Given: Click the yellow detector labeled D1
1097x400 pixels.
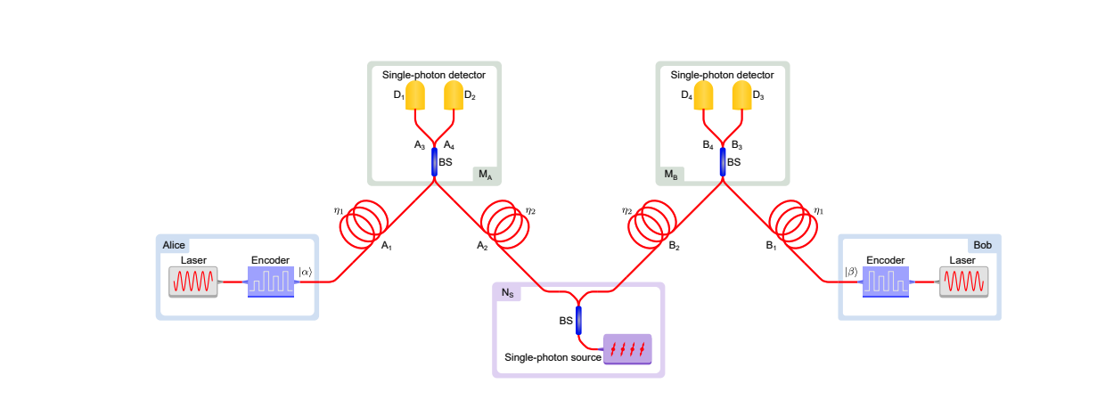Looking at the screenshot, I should coord(416,96).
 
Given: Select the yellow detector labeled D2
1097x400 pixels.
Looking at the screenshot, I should coord(454,96).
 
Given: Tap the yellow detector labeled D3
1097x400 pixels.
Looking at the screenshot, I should coord(742,96).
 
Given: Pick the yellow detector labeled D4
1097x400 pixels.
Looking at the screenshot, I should coord(704,96).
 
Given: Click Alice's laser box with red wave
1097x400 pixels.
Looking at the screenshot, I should coord(193,282).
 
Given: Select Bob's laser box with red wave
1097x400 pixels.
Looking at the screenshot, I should coord(963,282).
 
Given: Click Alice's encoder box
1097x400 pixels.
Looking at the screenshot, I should coord(270,282).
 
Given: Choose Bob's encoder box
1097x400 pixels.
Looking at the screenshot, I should coord(886,282).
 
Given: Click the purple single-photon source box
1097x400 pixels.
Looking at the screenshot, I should coord(627,349).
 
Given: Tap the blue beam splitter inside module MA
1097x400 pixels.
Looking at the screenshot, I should coord(435,163).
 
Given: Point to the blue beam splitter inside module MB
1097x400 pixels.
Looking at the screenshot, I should coord(723,163).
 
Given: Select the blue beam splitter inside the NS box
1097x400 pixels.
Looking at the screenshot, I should coord(579,320).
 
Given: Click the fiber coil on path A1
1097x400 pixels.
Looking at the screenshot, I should coord(366,222).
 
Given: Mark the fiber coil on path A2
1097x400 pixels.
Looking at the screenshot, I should coord(503,222).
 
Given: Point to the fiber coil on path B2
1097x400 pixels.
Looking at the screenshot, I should coord(654,222).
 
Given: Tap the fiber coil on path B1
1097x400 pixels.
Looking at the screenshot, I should coord(791,222).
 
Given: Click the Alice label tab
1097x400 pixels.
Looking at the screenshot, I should coord(174,245).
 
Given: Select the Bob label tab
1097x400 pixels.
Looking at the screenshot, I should coord(982,245).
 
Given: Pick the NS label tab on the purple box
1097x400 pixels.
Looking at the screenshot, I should coord(507,293).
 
